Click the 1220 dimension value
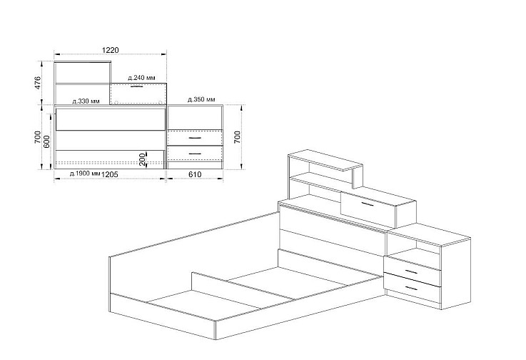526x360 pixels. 111,50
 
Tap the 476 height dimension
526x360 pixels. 38,83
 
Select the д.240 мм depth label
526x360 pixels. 141,78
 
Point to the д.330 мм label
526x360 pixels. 86,101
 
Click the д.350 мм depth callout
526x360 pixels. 201,99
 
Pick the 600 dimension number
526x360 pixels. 46,141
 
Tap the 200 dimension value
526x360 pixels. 142,159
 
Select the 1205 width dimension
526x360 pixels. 110,174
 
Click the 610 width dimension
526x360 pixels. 195,174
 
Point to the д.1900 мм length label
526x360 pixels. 85,174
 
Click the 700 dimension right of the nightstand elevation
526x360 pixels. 237,137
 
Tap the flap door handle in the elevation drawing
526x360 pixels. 136,86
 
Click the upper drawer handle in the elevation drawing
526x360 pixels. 196,138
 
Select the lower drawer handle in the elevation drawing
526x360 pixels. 196,154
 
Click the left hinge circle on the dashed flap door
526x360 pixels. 116,102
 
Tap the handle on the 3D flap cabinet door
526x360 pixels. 367,204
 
